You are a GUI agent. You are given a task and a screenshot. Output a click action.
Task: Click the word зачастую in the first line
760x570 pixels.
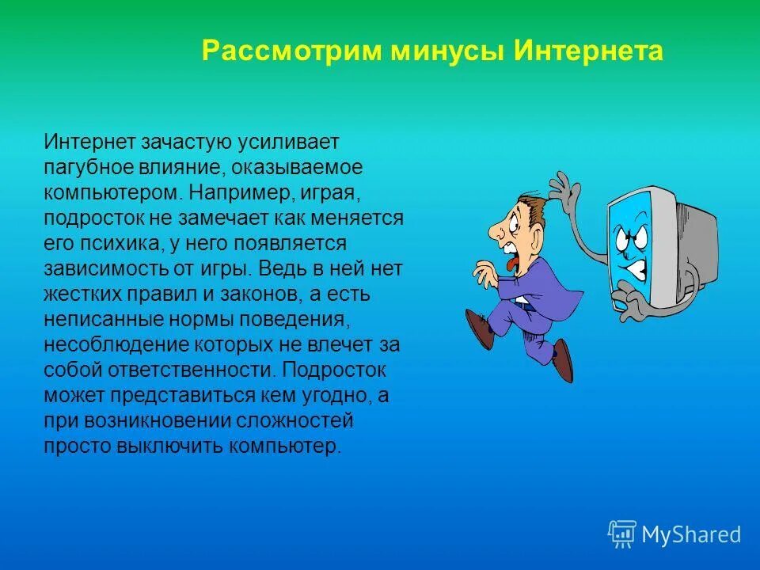coord(186,142)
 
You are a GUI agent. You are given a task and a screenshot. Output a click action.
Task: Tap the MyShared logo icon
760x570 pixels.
coord(622,534)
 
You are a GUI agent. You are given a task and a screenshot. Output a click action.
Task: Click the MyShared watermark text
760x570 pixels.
coord(690,535)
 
